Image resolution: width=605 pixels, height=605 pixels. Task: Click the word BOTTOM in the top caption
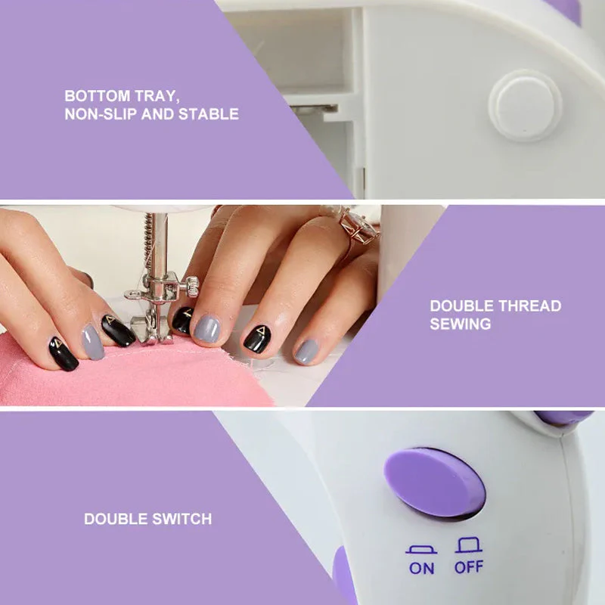click(x=98, y=96)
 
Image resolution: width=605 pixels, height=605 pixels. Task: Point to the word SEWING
click(x=461, y=324)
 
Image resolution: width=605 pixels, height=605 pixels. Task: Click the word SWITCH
click(x=182, y=519)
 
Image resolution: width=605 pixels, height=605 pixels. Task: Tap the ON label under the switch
click(x=421, y=569)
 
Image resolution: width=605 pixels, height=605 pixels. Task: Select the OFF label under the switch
click(x=468, y=567)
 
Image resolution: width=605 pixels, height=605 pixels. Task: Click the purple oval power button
click(x=435, y=482)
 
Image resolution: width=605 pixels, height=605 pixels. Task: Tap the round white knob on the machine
click(x=525, y=106)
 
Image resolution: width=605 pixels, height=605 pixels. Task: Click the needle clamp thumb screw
click(x=191, y=287)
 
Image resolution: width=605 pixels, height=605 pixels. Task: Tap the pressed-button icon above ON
click(x=421, y=550)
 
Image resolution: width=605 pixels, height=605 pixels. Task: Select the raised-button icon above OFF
click(x=468, y=544)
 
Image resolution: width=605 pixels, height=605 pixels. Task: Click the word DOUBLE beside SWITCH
click(x=116, y=519)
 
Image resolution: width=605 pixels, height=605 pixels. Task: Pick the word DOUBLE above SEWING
click(x=461, y=306)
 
